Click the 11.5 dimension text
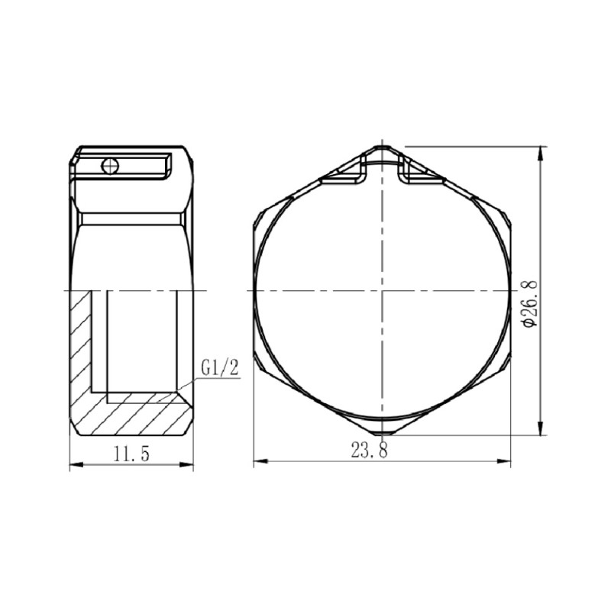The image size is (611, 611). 131,453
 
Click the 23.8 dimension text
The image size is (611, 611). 370,451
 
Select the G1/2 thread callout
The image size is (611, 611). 221,367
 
